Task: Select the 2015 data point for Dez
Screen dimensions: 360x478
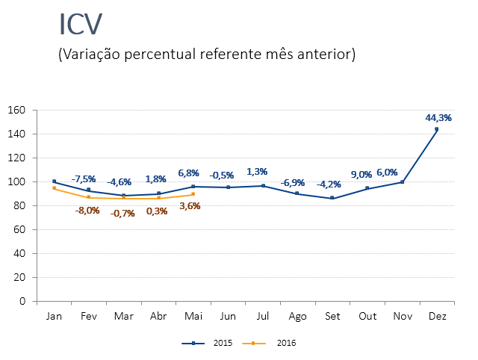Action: [437, 129]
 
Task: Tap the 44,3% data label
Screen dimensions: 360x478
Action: [438, 117]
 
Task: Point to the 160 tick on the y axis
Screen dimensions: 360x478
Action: [17, 111]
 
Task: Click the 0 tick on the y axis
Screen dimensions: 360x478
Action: [22, 301]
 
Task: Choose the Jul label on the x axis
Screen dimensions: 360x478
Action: [262, 317]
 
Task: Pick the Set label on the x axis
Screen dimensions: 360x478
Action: [332, 317]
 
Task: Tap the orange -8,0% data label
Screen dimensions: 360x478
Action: [87, 210]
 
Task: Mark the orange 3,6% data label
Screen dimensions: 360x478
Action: [190, 206]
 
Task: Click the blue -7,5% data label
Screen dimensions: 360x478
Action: [84, 179]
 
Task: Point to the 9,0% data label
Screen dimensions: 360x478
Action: [361, 175]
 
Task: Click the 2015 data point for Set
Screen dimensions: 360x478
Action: [332, 199]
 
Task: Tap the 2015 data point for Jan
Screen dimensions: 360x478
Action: [54, 181]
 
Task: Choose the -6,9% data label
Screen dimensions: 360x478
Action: [293, 183]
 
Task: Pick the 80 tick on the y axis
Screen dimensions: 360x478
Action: [20, 205]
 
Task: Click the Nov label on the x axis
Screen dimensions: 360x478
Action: [403, 317]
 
